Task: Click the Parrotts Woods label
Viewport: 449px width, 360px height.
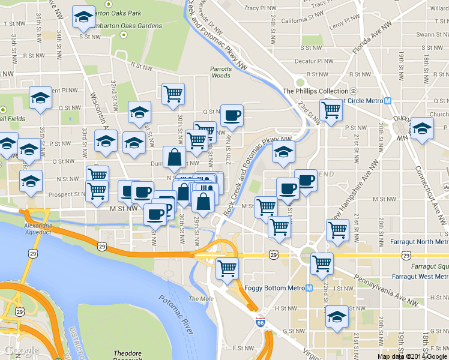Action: [221, 72]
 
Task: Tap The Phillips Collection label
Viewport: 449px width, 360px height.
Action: [315, 91]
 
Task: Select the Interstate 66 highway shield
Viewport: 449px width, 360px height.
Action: [260, 322]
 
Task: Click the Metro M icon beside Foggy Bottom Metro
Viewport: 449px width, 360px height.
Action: [309, 288]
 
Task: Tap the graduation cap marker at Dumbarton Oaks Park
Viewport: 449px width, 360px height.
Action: [83, 17]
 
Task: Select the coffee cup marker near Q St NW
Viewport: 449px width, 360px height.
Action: [232, 115]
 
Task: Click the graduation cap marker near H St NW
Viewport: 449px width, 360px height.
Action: [337, 316]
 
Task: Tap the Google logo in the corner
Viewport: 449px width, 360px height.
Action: [20, 350]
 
